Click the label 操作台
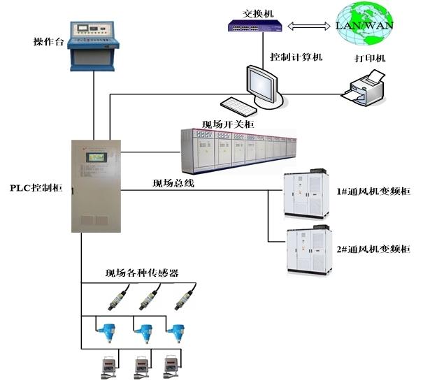coord(48,42)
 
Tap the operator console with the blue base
coord(94,45)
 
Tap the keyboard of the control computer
coord(242,107)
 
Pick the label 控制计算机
coord(296,57)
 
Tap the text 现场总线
coord(173,184)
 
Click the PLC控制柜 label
coord(36,188)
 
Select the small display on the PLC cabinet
coord(96,157)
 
